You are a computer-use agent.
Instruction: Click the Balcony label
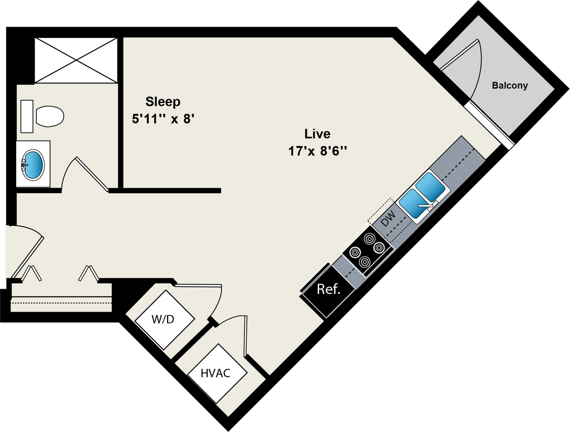click(x=509, y=86)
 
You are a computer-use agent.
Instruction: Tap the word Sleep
click(x=163, y=101)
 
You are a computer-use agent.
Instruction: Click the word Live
click(x=317, y=134)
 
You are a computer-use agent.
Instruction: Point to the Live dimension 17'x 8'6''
click(x=318, y=151)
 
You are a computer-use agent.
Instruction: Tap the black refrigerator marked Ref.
click(x=328, y=290)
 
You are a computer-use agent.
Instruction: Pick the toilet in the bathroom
click(x=49, y=116)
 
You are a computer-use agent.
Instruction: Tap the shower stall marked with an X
click(x=76, y=60)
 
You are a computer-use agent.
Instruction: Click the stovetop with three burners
click(x=367, y=251)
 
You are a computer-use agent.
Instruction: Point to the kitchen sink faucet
click(x=427, y=207)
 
